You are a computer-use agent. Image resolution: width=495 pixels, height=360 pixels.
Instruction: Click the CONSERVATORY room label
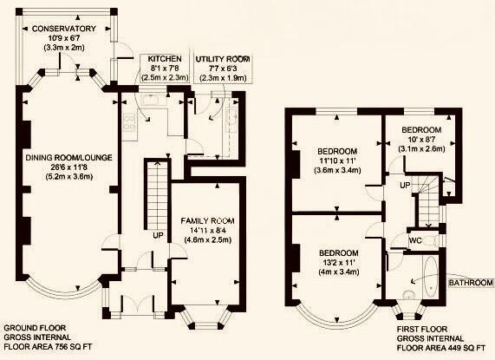tap(64, 29)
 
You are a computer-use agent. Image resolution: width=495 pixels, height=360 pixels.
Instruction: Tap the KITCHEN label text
tap(165, 59)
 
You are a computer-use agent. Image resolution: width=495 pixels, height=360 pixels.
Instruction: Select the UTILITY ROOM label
tap(223, 59)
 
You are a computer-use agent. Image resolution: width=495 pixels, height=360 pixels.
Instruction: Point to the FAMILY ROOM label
tap(207, 220)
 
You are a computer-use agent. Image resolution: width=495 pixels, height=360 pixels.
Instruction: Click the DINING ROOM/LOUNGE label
tap(68, 158)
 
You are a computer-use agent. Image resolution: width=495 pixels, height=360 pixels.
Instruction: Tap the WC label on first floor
tap(415, 240)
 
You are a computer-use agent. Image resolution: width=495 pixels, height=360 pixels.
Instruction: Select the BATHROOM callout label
tap(471, 283)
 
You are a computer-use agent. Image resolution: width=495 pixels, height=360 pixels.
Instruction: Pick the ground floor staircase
tap(157, 195)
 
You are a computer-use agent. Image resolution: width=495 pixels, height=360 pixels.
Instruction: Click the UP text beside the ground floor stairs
tap(158, 236)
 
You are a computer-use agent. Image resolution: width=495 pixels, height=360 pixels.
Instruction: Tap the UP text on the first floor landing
tap(405, 186)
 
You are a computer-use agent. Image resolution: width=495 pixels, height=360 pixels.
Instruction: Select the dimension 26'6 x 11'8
tap(68, 167)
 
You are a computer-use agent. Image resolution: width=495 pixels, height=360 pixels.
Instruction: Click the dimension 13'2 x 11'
tap(339, 263)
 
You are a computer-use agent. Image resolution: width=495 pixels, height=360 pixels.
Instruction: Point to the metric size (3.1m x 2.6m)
tap(421, 148)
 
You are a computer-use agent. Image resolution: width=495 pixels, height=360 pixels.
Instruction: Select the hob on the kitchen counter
tap(130, 122)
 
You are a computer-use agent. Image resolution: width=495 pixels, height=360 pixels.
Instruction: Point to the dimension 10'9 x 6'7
tap(64, 38)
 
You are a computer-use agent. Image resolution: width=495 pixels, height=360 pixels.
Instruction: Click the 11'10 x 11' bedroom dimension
tap(337, 160)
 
